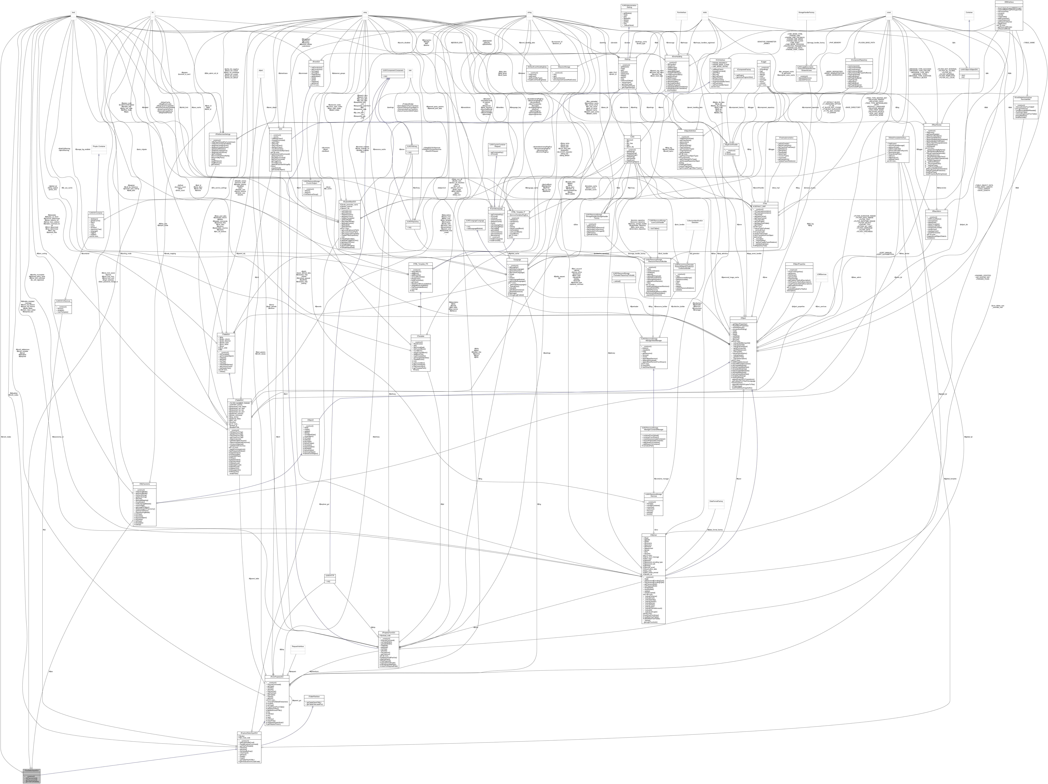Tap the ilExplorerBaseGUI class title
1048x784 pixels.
point(351,202)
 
